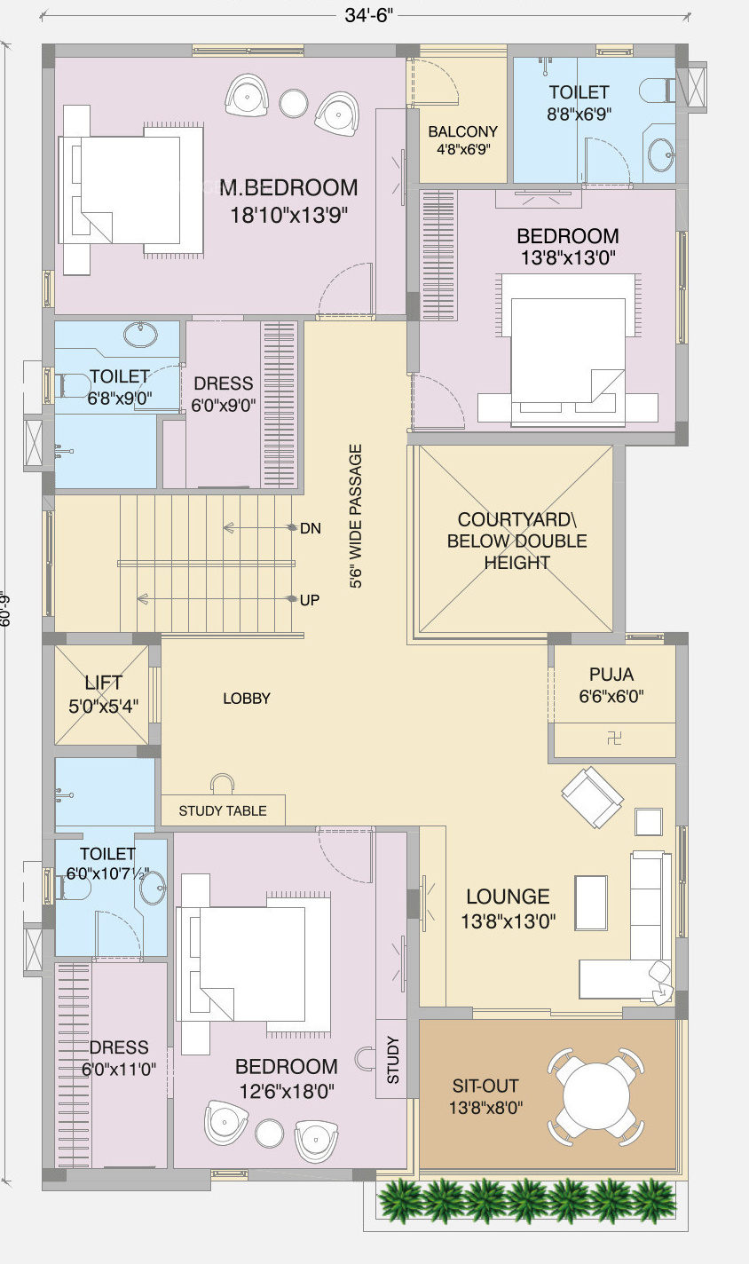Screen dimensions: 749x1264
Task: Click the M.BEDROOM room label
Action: [x=288, y=187]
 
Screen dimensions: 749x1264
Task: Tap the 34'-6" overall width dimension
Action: [x=368, y=16]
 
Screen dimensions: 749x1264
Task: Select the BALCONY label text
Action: [x=462, y=131]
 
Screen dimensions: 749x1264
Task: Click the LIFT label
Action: [x=103, y=683]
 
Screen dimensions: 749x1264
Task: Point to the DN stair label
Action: [x=311, y=528]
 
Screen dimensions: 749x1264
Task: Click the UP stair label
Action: [x=310, y=600]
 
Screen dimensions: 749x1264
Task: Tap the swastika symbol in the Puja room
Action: [x=614, y=739]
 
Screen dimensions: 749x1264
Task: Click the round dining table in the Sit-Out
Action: [x=596, y=1096]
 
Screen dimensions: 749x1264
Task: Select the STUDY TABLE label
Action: [x=223, y=811]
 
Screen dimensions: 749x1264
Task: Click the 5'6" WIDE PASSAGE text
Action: [x=356, y=517]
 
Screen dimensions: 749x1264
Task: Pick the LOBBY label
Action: [x=247, y=699]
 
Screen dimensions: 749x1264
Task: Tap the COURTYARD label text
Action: [x=516, y=519]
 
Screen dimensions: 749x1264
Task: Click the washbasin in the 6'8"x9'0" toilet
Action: [x=140, y=335]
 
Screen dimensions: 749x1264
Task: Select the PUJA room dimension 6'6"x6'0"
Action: [x=611, y=696]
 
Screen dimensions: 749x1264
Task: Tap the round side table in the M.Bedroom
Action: [x=294, y=103]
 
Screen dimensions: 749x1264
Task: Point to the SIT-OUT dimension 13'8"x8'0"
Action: [x=485, y=1107]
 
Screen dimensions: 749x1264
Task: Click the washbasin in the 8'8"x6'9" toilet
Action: [x=661, y=154]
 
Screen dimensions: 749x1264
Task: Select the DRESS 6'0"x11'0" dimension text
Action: [x=119, y=1070]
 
